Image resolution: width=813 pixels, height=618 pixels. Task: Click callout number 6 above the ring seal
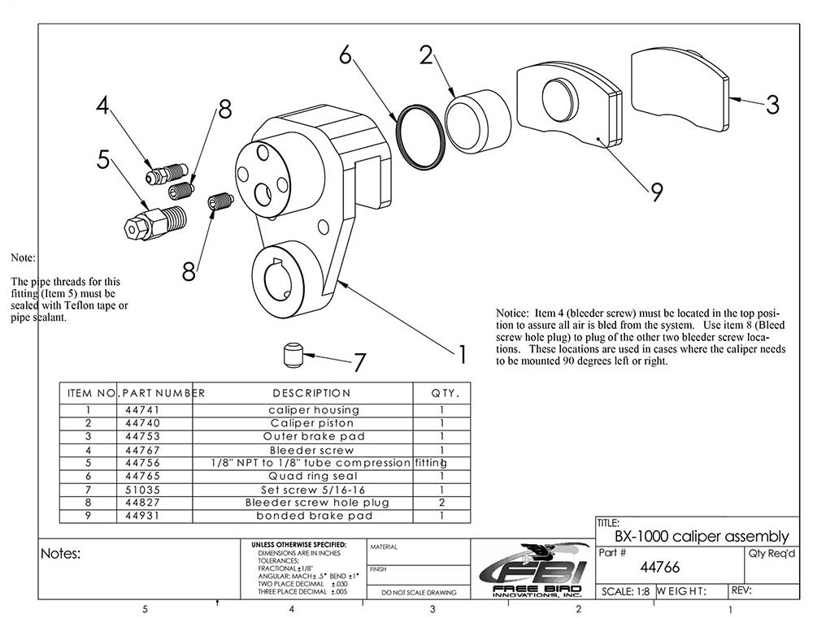click(x=345, y=55)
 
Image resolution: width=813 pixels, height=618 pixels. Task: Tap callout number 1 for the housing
click(x=462, y=353)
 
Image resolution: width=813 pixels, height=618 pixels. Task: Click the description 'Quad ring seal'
click(x=312, y=476)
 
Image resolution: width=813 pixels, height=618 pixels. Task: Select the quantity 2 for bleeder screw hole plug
click(x=441, y=502)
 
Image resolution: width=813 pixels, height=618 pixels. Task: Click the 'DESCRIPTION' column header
click(x=311, y=393)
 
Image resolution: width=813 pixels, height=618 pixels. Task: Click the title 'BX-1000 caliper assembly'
click(x=701, y=536)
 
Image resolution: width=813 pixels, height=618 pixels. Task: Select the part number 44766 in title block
click(x=659, y=567)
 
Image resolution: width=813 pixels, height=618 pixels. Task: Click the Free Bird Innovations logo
click(x=533, y=568)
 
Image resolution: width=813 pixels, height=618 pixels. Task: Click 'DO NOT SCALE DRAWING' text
click(x=419, y=592)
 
